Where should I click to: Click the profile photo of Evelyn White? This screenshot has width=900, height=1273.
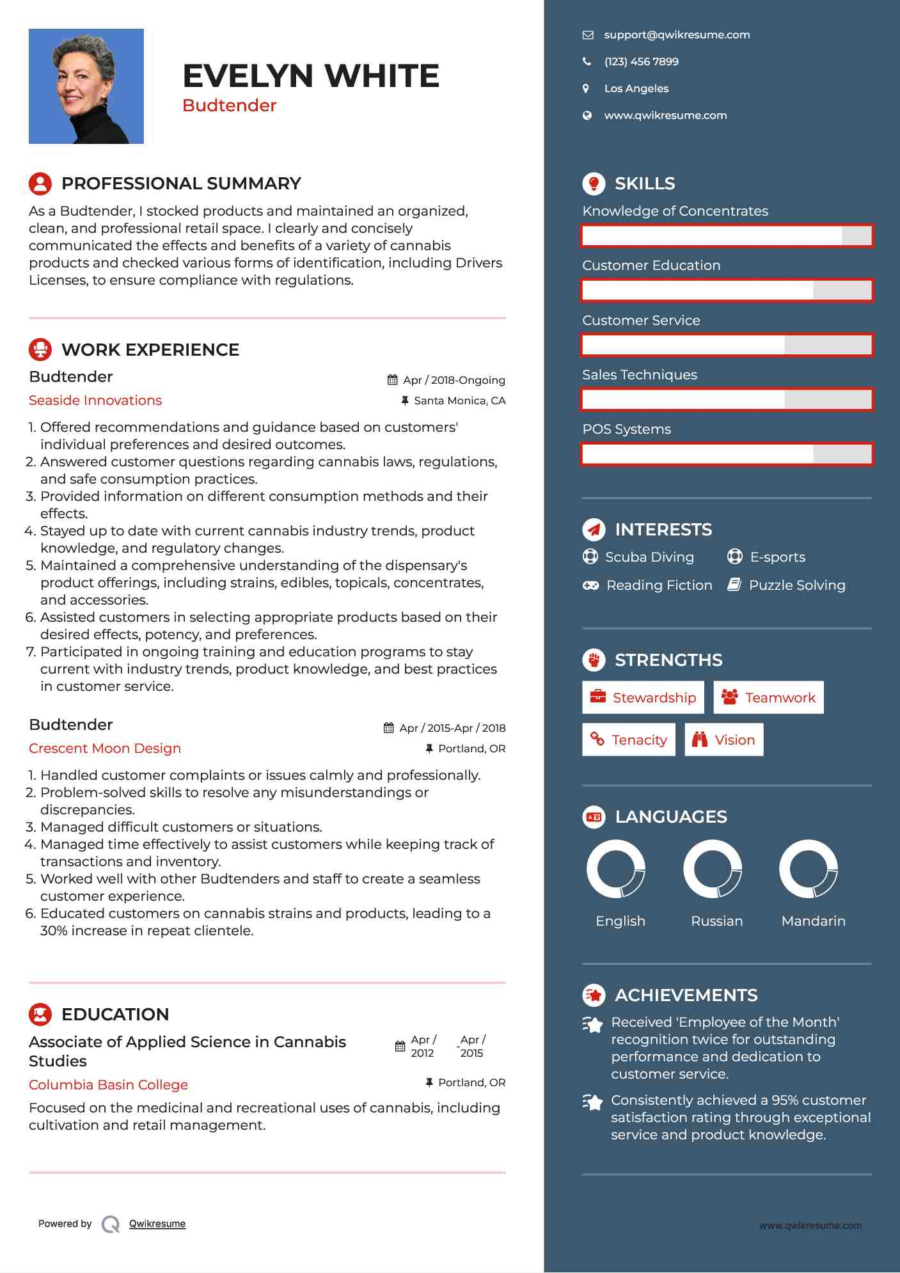point(86,86)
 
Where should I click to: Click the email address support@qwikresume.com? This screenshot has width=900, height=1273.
point(676,35)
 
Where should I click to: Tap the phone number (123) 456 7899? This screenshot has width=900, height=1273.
point(641,62)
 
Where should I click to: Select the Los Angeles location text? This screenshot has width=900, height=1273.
point(636,89)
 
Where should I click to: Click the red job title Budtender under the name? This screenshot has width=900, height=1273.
point(229,106)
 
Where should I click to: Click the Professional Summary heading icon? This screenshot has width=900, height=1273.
point(40,184)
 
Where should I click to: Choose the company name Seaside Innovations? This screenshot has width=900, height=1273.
point(95,400)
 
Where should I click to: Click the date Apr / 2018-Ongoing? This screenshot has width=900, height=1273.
point(453,380)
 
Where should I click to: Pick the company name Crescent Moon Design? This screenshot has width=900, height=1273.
point(105,748)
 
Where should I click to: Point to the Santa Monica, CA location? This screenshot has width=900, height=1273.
point(459,401)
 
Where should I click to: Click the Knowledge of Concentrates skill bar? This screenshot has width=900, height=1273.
point(727,235)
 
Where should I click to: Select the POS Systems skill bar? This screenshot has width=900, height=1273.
point(727,454)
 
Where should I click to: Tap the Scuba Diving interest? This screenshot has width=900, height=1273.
point(649,557)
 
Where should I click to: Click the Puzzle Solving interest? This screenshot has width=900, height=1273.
point(796,585)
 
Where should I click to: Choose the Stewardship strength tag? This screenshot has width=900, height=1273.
point(643,697)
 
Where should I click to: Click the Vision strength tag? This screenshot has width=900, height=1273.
point(723,740)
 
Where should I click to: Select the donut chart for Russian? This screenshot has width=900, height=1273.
point(712,869)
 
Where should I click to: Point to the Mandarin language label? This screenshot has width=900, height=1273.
point(813,921)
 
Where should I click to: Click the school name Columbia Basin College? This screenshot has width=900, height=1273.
point(108,1085)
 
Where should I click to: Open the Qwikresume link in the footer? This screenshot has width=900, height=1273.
point(157,1224)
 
